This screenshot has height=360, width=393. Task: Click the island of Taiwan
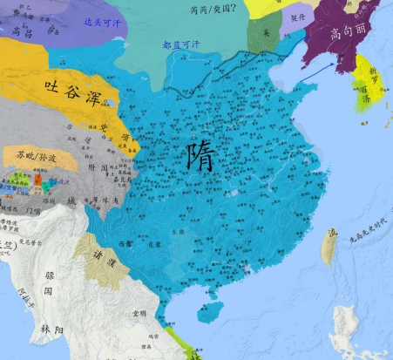click(x=329, y=247)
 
